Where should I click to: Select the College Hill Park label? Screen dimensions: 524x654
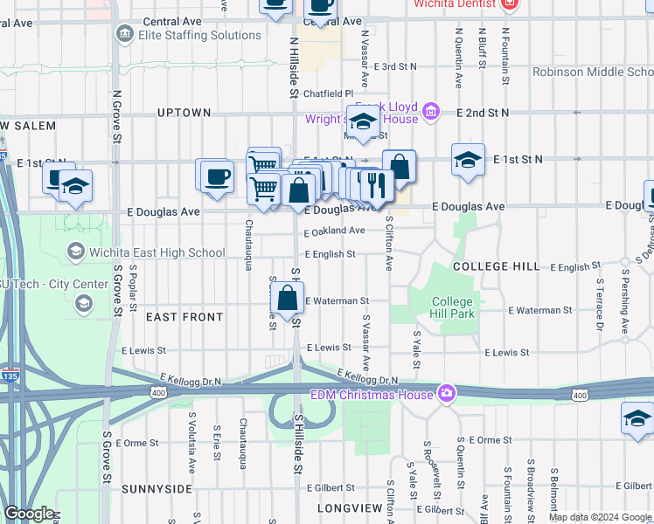[452, 307]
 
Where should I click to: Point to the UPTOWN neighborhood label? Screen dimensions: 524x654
[184, 113]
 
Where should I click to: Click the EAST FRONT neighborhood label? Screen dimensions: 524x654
[184, 317]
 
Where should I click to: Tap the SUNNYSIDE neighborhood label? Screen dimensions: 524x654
[157, 489]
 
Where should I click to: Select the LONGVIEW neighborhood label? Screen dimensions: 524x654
[350, 507]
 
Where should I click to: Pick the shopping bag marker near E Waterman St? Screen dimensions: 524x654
[287, 300]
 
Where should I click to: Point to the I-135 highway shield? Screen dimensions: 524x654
[9, 376]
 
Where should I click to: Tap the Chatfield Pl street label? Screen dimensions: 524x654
[329, 93]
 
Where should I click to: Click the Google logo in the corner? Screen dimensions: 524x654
[29, 514]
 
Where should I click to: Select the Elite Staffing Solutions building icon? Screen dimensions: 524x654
[124, 36]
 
